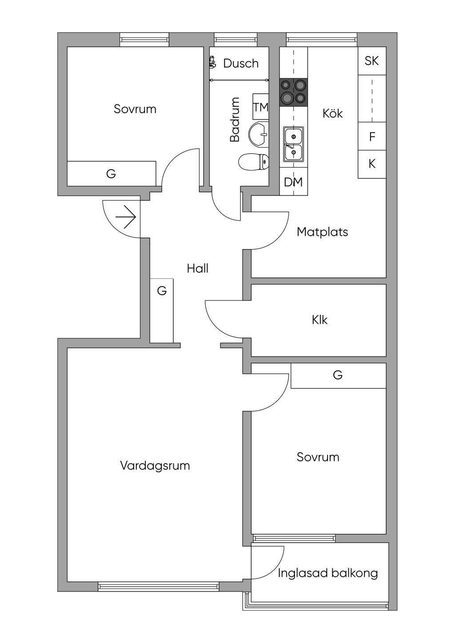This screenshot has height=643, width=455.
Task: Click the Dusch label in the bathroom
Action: coord(241,64)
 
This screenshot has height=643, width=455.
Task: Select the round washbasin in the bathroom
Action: coord(258,134)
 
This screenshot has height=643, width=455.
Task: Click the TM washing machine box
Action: coord(260,107)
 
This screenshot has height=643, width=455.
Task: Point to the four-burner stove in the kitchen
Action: coord(293,92)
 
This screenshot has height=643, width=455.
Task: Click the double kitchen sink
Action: coord(293,144)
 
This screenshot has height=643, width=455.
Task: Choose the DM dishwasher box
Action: coord(293,182)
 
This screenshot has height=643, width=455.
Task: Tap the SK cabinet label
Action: coord(371,61)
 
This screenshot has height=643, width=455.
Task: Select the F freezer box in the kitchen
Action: coord(372,136)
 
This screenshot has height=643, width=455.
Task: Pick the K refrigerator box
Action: coord(372,164)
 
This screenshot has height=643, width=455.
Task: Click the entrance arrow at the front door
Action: coord(126,217)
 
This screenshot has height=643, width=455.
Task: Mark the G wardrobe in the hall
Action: coord(162,310)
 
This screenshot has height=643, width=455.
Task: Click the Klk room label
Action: coord(319,320)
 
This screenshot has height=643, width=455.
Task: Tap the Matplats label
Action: coord(322,232)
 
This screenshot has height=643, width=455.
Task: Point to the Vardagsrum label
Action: coord(155,466)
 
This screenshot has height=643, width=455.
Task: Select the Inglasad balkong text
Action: coord(328,573)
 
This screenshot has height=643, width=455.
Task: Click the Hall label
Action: coord(198,269)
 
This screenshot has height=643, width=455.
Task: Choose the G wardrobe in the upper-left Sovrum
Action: coord(112,173)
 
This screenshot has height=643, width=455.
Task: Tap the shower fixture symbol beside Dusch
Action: coord(212,62)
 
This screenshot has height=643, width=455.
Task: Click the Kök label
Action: coord(333,113)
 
